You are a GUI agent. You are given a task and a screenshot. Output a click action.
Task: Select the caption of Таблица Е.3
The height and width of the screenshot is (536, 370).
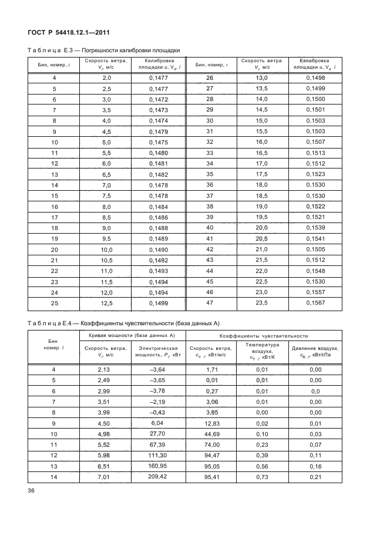tap(103, 50)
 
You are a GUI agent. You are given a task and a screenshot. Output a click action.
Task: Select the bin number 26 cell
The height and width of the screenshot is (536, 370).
tap(209, 78)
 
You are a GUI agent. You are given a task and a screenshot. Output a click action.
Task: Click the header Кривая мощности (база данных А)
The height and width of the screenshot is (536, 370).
tap(132, 336)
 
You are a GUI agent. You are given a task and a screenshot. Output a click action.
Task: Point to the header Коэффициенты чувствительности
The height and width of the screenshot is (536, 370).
tap(264, 336)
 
